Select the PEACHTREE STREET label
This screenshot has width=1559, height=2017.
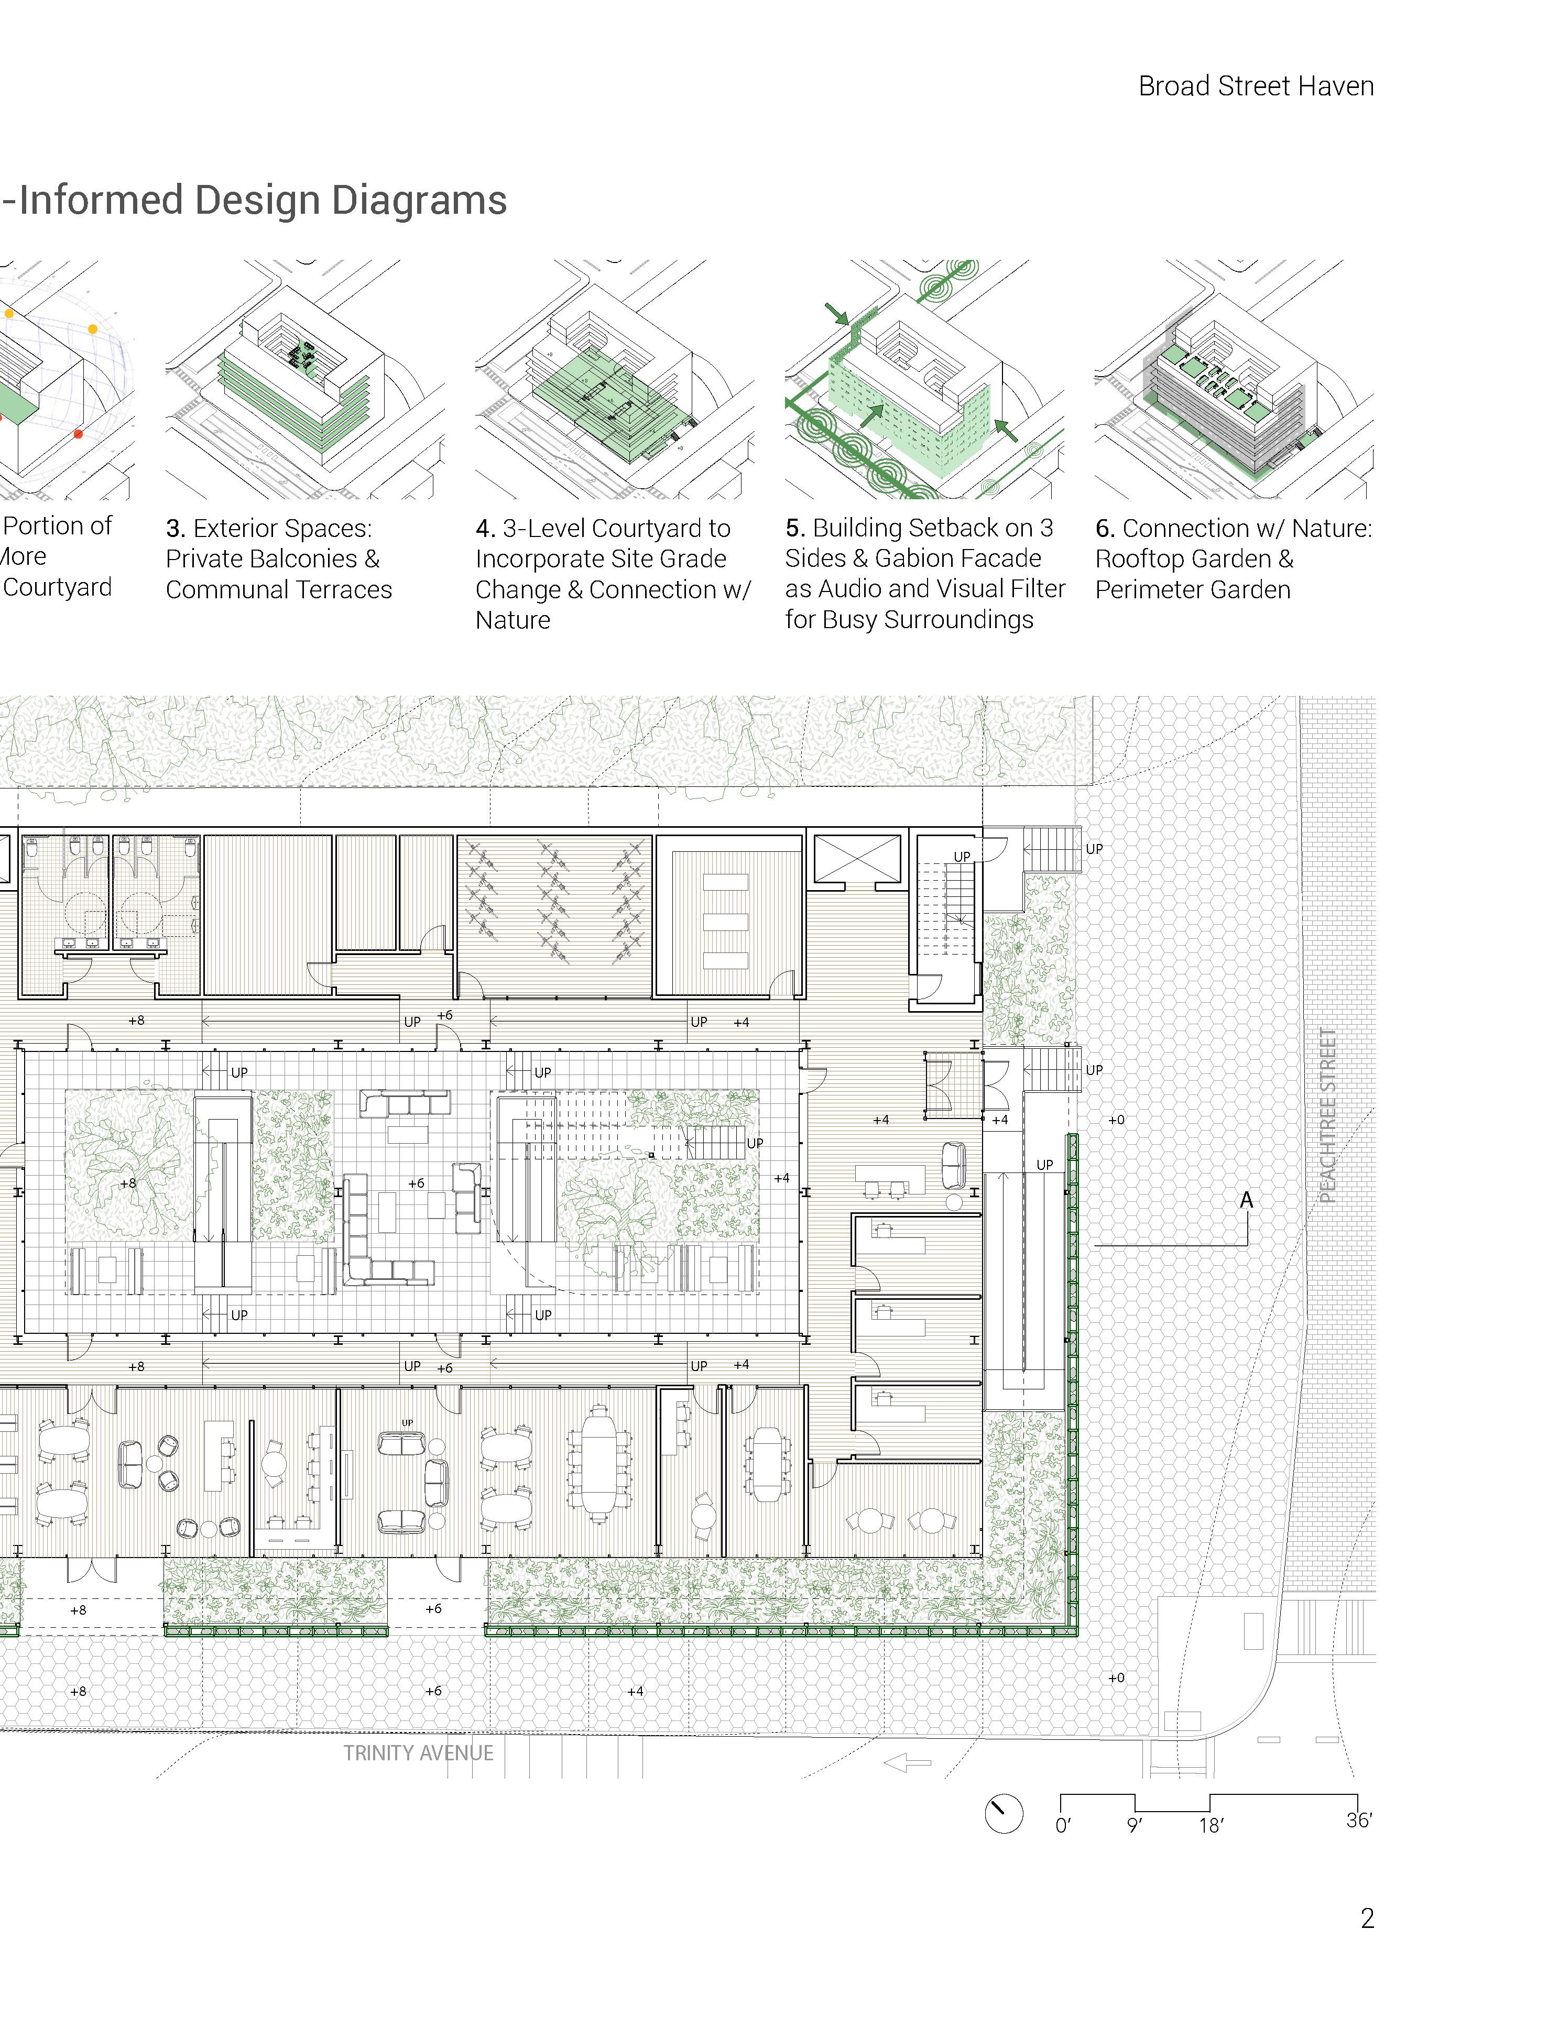pos(1327,1115)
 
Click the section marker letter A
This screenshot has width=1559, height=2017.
pos(1246,1200)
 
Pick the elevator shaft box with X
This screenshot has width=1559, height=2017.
pos(856,858)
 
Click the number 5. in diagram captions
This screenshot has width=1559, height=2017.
pos(795,528)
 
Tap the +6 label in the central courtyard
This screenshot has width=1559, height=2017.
pos(417,1183)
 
